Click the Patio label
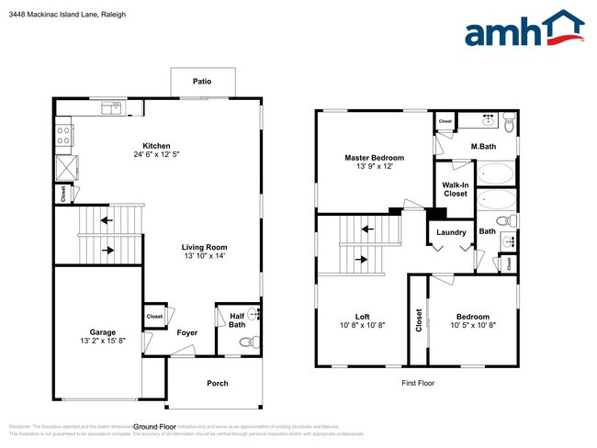202,82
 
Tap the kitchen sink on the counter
116,107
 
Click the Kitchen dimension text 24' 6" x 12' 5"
156,154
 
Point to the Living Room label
204,247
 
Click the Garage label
102,332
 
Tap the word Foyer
187,332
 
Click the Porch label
217,383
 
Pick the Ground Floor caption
155,427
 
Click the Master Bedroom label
374,158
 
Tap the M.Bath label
484,146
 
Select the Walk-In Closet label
456,189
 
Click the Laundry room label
451,232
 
